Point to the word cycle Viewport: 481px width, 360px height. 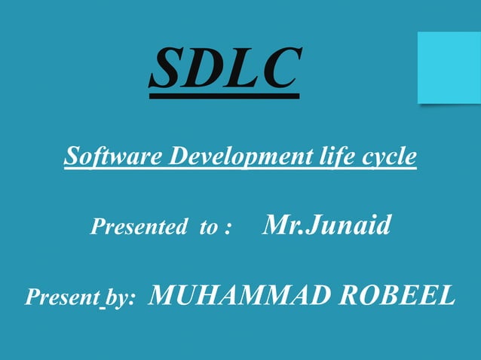[x=388, y=158]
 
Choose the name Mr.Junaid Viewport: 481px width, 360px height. [x=326, y=224]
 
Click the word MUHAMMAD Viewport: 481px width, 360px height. [x=239, y=296]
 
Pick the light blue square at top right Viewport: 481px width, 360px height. [x=449, y=67]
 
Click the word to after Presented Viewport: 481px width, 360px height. [x=209, y=227]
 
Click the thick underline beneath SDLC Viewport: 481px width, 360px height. [x=224, y=96]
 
